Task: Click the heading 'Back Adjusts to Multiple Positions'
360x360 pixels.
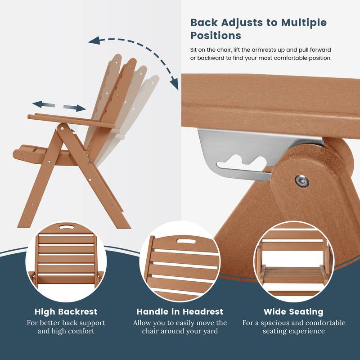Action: pos(258,29)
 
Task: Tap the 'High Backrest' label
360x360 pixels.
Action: pos(66,311)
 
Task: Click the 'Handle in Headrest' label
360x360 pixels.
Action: pos(180,311)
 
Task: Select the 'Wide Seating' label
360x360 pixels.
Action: pos(293,311)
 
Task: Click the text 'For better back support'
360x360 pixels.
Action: pos(66,323)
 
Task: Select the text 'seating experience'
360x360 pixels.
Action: pos(293,331)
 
